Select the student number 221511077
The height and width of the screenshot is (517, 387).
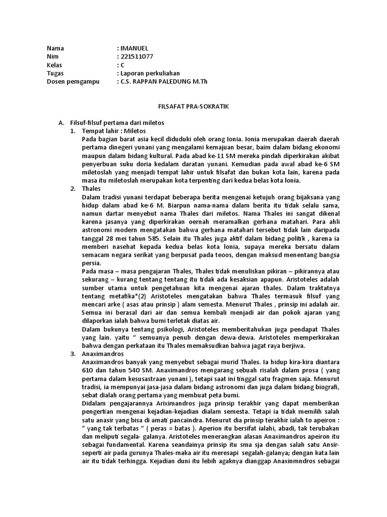click(x=137, y=57)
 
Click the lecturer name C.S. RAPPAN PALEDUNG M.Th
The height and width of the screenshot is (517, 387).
click(x=164, y=81)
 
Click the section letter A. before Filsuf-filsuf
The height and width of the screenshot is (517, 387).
click(x=62, y=123)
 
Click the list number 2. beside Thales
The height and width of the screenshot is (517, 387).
click(x=73, y=188)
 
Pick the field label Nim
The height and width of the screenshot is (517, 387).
click(x=52, y=57)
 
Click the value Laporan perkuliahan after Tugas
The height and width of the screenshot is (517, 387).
click(x=150, y=73)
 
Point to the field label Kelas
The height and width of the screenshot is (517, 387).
click(x=54, y=65)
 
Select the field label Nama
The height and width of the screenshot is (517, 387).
click(x=55, y=48)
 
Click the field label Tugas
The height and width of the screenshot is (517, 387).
click(x=55, y=73)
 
